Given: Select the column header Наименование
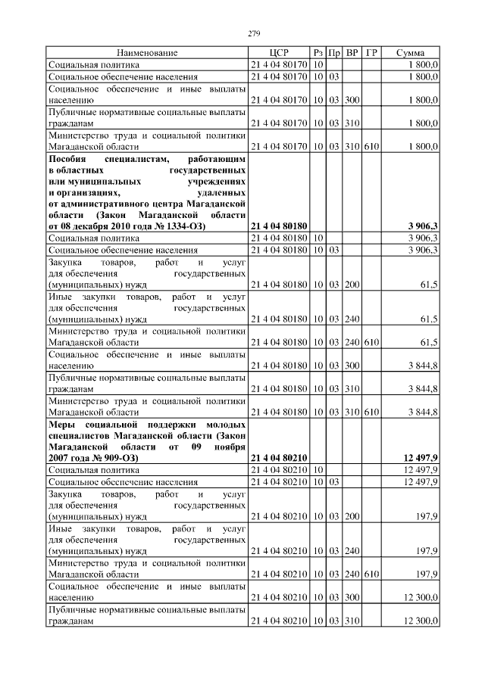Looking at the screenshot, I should point(147,53).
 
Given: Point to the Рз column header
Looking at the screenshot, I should point(318,53).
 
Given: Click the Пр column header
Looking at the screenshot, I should point(334,53).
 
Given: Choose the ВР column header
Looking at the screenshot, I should point(352,53).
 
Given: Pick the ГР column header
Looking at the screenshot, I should point(371,53).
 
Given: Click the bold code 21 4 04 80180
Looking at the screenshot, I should point(278,226).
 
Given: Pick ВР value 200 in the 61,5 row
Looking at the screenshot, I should point(352,285).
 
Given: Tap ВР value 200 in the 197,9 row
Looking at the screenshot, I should point(352,517).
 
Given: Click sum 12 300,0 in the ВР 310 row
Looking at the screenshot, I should point(420,621).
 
